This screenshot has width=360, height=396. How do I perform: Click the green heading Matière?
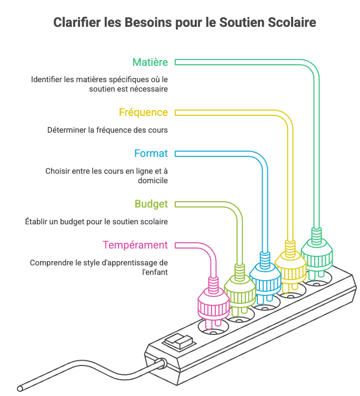(x=150, y=62)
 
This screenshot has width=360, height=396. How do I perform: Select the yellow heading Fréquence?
(x=143, y=112)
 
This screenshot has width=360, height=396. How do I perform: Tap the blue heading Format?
(x=151, y=153)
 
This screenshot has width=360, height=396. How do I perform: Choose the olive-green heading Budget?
(x=151, y=204)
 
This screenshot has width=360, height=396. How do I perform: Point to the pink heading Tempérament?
(x=135, y=245)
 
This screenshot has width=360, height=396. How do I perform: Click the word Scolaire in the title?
(x=292, y=22)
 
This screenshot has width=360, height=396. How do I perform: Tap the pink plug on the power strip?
(x=214, y=303)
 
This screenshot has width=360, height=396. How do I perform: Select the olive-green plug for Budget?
(x=239, y=291)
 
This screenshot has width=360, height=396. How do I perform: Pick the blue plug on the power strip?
(x=265, y=278)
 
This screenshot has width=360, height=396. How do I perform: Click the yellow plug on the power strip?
(x=291, y=266)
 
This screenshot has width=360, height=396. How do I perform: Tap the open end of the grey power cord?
(x=20, y=388)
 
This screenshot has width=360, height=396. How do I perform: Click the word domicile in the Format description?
(x=153, y=181)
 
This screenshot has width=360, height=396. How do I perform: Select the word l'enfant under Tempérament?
(x=155, y=272)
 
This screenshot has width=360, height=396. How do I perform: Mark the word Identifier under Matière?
(x=46, y=80)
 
